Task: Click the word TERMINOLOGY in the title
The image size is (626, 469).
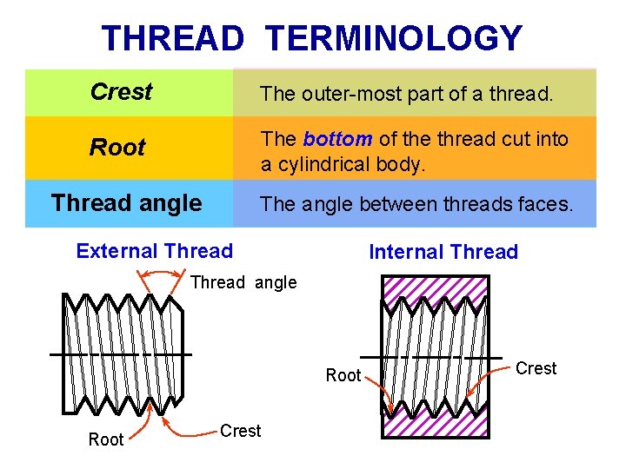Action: [x=394, y=39]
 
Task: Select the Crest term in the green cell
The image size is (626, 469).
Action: [x=121, y=92]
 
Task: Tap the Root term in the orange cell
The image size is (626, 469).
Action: [x=117, y=148]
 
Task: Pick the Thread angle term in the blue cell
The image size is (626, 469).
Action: [x=127, y=203]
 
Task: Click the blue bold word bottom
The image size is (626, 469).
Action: [x=337, y=139]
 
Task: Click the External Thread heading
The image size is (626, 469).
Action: [x=155, y=252]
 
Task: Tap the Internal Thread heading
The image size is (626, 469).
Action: [x=443, y=253]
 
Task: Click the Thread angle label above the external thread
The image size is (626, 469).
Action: [x=243, y=282]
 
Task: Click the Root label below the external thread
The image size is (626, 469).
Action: [x=106, y=439]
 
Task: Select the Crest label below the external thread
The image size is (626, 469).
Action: [x=241, y=431]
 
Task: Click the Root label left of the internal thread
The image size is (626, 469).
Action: [x=343, y=375]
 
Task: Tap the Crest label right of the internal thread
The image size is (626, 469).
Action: [x=536, y=368]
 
